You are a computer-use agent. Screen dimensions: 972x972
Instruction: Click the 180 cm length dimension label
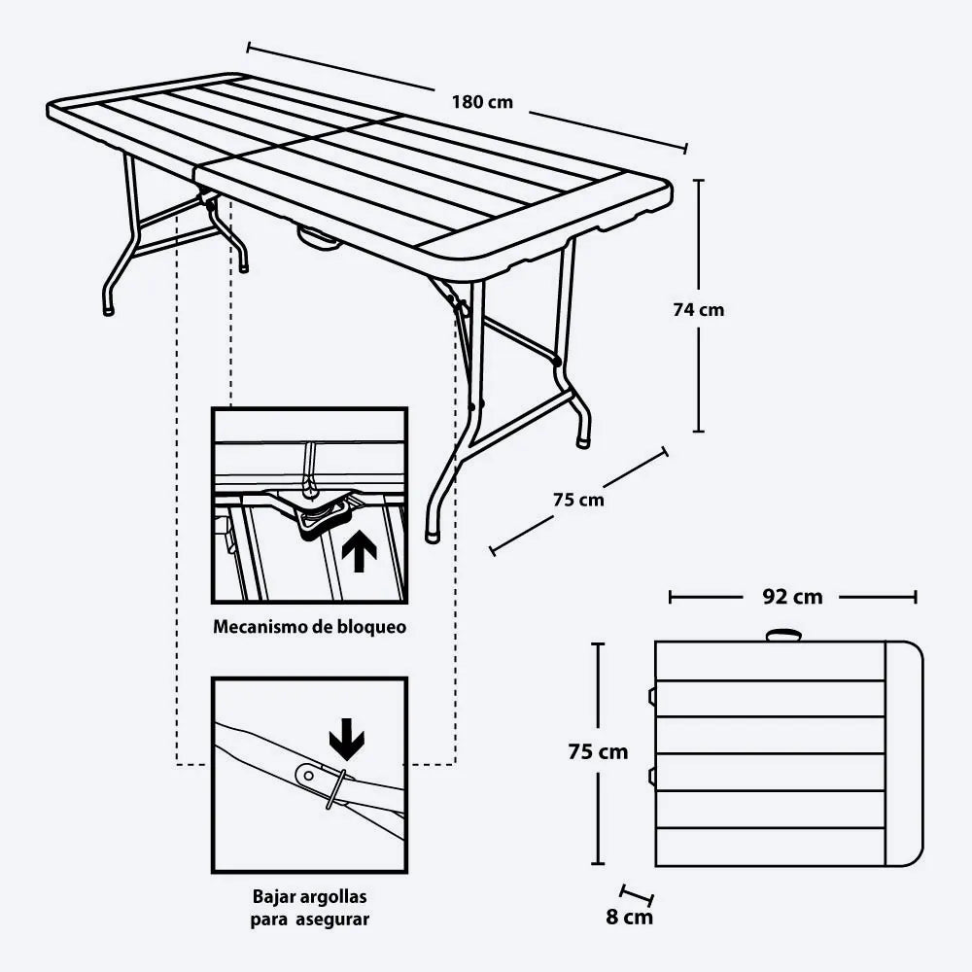coord(482,102)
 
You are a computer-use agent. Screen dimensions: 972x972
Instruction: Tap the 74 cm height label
coord(699,309)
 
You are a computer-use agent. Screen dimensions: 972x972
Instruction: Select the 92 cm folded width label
coord(792,597)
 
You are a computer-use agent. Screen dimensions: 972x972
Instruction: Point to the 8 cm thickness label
coord(629,917)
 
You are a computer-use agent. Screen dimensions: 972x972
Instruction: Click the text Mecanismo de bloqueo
coord(310,627)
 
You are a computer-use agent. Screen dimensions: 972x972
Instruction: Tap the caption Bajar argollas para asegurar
coord(309,908)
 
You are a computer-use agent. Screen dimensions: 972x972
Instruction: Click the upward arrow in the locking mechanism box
coord(359,552)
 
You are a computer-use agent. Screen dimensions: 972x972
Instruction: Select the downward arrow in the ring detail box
coord(347,739)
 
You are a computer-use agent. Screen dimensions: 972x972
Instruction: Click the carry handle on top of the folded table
coord(783,636)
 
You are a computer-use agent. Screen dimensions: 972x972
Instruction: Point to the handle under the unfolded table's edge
coord(319,238)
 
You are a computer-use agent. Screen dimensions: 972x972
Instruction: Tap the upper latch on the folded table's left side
coord(652,696)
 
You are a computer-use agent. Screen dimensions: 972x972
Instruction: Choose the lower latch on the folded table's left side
coord(652,776)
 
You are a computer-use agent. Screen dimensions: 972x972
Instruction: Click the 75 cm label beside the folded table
coord(598,751)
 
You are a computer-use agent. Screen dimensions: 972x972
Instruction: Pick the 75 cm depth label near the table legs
coord(578,499)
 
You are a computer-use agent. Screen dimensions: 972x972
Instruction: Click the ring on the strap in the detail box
coord(336,788)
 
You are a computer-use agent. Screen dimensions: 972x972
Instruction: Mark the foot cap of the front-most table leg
coord(433,537)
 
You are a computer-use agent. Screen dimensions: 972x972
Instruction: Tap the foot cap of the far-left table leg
coord(108,310)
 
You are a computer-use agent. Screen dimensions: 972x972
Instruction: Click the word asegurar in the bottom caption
coord(332,920)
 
